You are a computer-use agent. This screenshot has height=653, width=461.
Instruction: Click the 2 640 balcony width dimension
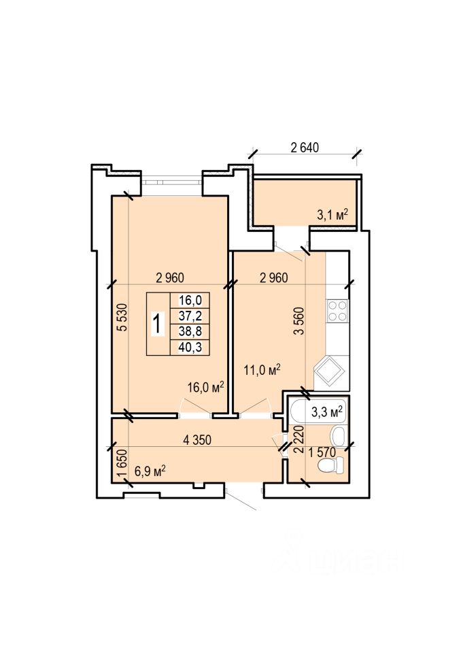(305, 148)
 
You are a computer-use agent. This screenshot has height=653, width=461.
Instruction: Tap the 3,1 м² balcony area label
(332, 214)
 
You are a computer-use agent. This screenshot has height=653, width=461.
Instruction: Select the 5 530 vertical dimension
(122, 317)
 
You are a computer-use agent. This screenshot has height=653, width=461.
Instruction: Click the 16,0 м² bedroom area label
(206, 387)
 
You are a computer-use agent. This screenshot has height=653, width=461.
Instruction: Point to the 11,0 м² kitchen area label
(262, 369)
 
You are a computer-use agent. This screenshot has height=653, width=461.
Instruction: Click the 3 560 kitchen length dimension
(299, 320)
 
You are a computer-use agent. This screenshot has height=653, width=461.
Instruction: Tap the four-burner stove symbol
(337, 311)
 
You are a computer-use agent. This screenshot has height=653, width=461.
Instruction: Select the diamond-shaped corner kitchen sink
(329, 371)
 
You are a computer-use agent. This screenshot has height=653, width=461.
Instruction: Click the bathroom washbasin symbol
(338, 436)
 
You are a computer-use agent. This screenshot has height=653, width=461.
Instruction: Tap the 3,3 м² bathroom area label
(327, 412)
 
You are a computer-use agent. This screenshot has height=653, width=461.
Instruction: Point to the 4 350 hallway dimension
(197, 440)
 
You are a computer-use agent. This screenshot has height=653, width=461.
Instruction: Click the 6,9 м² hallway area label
(150, 471)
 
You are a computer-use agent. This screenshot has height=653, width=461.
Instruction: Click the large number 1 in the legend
(158, 324)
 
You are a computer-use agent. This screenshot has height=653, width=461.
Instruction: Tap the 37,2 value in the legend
(190, 316)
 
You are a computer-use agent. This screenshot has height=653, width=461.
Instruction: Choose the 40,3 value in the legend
(190, 347)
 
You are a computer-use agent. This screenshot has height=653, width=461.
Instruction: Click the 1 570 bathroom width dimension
(322, 452)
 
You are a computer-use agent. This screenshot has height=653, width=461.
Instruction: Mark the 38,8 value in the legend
(190, 331)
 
